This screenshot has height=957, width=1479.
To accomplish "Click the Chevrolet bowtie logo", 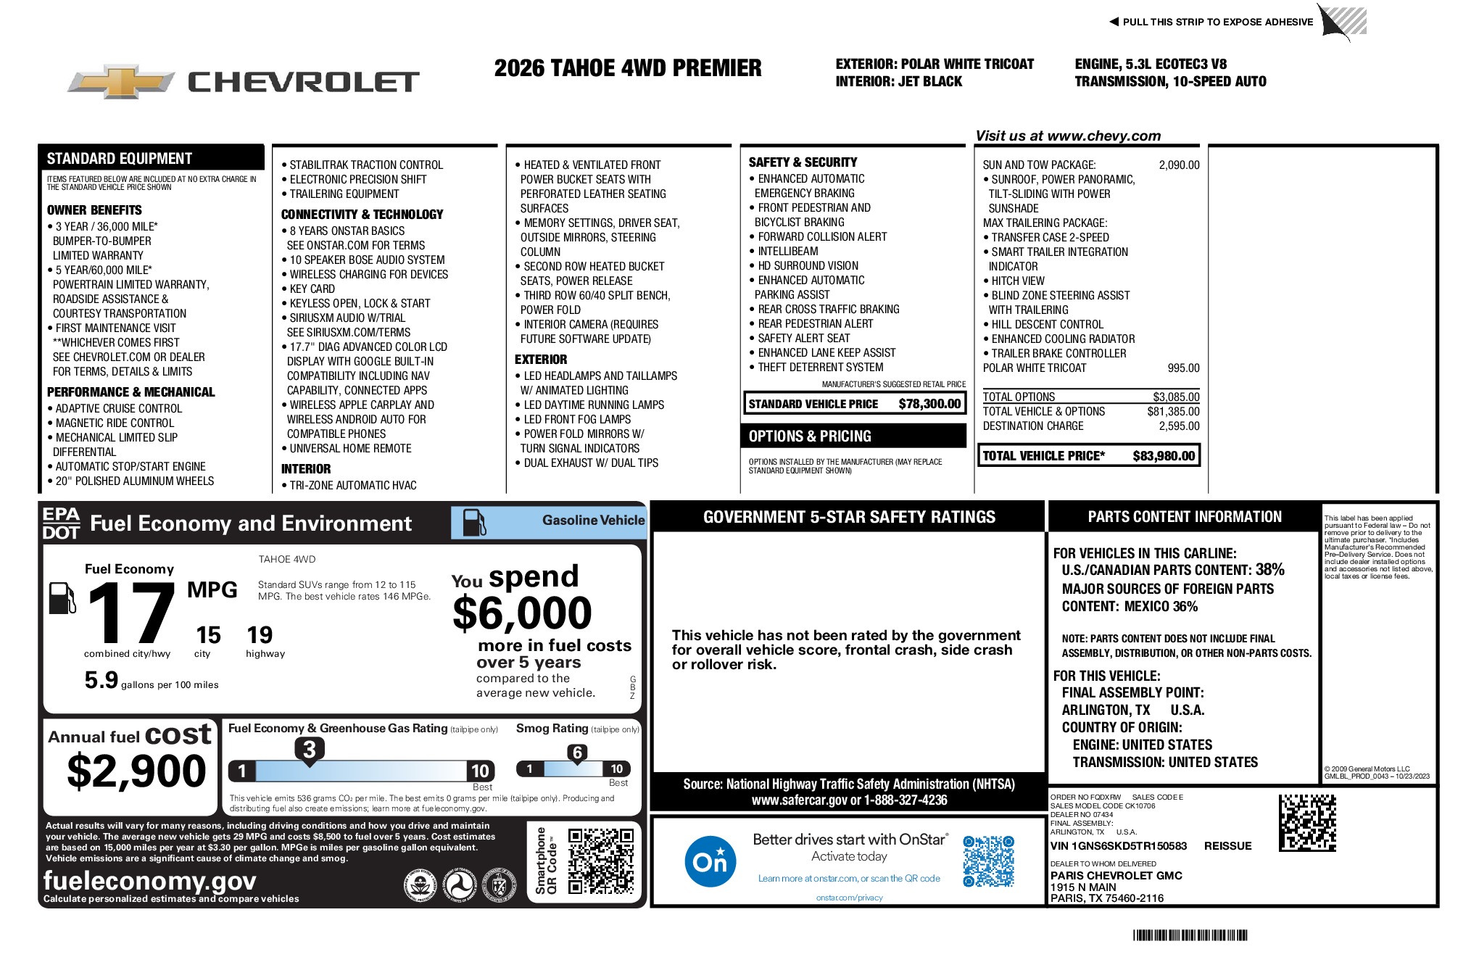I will pos(120,81).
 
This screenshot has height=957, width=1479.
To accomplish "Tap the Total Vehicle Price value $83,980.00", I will pos(1163,456).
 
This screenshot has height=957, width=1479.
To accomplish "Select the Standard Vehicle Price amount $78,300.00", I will pos(929,404).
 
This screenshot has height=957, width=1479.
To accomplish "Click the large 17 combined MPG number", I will pos(131,613).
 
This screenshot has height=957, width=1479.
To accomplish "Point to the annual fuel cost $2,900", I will pos(136,771).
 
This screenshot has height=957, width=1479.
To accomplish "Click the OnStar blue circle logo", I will pos(710,861).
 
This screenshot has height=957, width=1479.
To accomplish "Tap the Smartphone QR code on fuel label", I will pos(600,861).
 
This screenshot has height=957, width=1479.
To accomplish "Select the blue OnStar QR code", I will pos(988,861).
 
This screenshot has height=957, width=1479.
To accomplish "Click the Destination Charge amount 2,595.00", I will pos(1179,426).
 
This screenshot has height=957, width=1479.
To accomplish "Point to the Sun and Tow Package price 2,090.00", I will pos(1179,165).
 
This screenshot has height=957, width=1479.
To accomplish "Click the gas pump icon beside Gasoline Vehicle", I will pos(474,522).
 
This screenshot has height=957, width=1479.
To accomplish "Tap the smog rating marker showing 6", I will pos(577,753).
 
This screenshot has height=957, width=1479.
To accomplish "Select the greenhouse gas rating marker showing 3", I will pos(310,750).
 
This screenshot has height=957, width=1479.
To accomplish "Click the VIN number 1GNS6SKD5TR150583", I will pos(1119,846).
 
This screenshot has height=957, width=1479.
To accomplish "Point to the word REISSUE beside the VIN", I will pos(1227,846).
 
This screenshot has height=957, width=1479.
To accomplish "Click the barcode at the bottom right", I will pos(1190,935).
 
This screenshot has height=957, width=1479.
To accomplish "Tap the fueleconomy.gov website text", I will pos(149,880).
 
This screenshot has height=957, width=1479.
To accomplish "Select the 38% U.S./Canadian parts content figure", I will pos(1269,570).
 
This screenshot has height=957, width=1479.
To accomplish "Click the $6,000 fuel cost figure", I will pos(522,613).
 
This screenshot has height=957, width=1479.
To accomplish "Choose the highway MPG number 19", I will pos(260,635).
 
